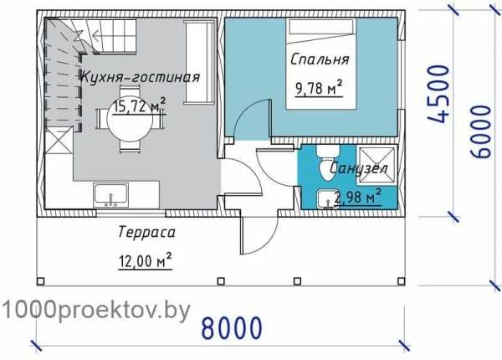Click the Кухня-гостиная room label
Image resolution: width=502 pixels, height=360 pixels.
tap(140, 78)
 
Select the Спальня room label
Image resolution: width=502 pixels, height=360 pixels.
tap(320, 61)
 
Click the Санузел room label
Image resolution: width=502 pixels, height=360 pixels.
tap(359, 170)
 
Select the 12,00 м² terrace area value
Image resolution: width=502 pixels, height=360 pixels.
tap(145, 261)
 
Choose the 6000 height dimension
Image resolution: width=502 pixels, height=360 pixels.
tap(482, 126)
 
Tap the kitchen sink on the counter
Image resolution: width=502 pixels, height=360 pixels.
tap(110, 195)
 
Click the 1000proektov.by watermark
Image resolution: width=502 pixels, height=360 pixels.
tap(96, 309)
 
